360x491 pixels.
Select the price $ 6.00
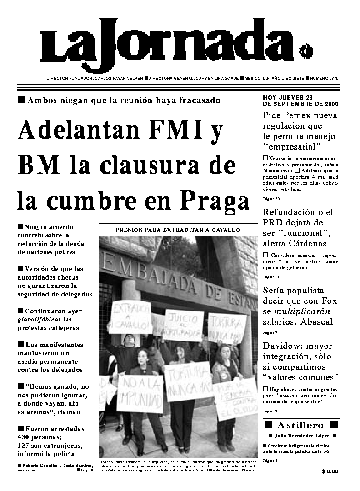click(330, 471)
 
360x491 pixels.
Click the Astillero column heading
click(301, 426)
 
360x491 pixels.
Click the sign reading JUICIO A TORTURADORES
click(184, 325)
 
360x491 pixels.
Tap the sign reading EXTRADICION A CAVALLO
click(130, 317)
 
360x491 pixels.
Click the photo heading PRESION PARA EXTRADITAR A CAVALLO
click(178, 230)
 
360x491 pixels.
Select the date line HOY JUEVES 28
click(287, 97)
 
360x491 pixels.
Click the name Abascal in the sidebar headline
click(317, 322)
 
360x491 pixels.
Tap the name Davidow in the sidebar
click(282, 346)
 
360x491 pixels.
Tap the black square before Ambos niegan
click(21, 100)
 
